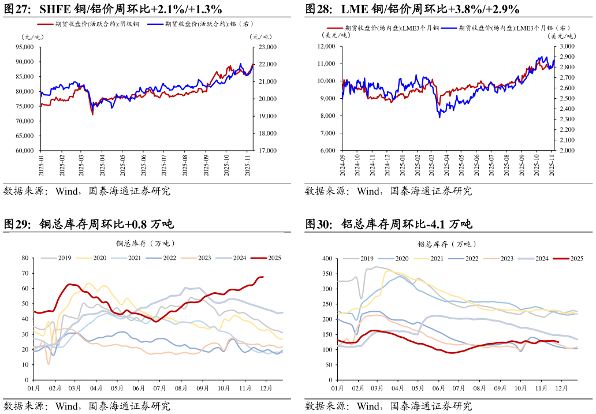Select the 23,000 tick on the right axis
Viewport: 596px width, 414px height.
click(x=267, y=47)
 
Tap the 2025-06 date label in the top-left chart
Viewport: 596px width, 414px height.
click(x=144, y=164)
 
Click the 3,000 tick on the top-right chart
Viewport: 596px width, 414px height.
click(x=567, y=46)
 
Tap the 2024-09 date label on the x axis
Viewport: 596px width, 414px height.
click(x=342, y=164)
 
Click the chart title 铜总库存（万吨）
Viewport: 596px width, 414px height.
click(x=146, y=244)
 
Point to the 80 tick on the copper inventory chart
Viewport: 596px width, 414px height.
click(x=25, y=258)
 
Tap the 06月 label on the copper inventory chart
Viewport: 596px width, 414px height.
click(x=138, y=389)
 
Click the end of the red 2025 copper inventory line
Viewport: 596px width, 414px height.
click(x=263, y=277)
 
